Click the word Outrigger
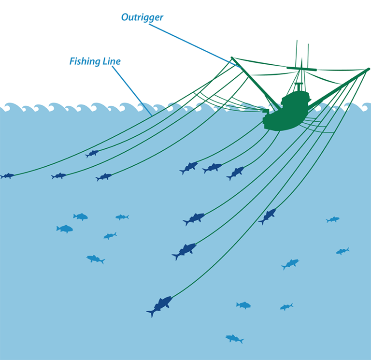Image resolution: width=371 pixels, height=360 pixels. tap(142, 17)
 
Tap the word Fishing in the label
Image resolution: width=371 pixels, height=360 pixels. tap(83, 61)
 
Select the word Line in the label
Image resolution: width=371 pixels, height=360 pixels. tap(111, 61)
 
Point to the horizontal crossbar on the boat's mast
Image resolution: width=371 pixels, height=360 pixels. tap(302, 69)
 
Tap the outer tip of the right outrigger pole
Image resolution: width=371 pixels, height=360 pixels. tap(368, 70)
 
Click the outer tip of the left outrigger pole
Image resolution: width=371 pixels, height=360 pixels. tap(232, 58)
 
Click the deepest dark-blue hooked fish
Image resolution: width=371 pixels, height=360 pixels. tap(160, 305)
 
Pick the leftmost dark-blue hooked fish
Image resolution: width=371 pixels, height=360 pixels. tap(7, 176)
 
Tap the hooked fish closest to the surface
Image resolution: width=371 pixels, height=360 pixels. tap(92, 153)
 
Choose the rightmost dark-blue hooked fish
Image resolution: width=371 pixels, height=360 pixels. tap(268, 216)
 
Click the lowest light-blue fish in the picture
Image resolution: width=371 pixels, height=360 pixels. tap(234, 338)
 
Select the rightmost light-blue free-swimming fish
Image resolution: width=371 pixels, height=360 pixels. tap(342, 251)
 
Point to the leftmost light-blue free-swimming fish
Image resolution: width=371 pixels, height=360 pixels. tap(65, 229)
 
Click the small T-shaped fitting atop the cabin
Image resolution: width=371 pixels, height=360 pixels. tap(299, 86)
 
